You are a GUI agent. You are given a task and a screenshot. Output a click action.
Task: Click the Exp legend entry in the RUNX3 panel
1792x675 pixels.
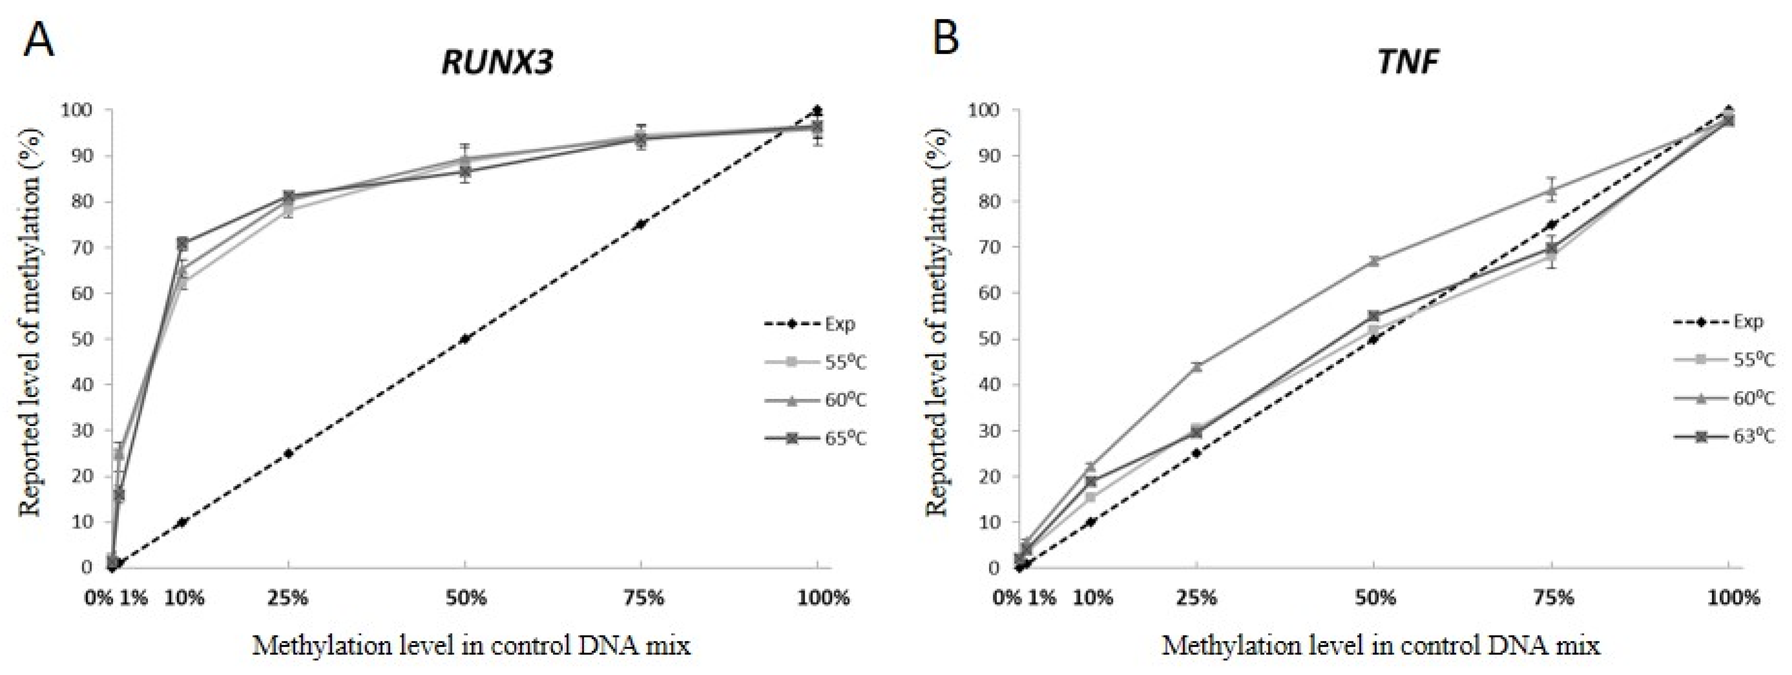[x=811, y=324]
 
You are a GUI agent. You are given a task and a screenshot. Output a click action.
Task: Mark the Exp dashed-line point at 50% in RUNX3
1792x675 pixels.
[x=465, y=339]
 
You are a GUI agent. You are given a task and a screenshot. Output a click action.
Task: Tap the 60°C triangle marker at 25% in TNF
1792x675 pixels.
[x=1196, y=366]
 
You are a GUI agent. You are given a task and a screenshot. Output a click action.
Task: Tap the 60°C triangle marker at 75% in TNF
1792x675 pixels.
[x=1551, y=189]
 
